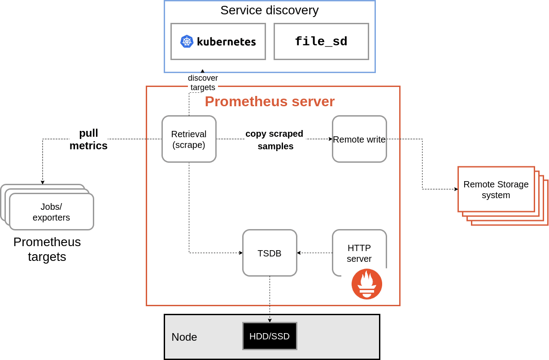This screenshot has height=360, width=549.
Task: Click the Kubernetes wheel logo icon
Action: coord(187,41)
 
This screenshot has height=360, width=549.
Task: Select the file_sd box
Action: coord(321,41)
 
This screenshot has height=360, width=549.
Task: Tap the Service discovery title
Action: coord(269,10)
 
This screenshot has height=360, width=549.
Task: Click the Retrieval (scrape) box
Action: coord(189,139)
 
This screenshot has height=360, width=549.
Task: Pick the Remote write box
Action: coord(359,139)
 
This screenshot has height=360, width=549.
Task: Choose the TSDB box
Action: coord(270,253)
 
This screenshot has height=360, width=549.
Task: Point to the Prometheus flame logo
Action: coord(367,284)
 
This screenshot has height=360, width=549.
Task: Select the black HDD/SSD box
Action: coord(270,336)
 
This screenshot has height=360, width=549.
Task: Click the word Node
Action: coord(184,337)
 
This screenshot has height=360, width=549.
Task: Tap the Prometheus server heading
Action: coord(270,101)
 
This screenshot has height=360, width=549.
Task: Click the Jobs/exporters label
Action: coord(51,212)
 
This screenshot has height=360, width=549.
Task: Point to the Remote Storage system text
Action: coord(496,189)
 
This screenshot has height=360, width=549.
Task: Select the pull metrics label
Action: coord(88,139)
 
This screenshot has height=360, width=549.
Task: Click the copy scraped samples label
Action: coord(274,140)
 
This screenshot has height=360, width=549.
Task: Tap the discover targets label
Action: coord(203,82)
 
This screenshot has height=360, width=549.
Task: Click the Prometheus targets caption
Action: coord(47,249)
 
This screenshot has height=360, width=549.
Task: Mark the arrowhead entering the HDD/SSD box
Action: coord(270,321)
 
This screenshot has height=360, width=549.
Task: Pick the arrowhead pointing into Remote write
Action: coord(331,139)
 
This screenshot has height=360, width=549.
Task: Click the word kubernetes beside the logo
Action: coord(226,42)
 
